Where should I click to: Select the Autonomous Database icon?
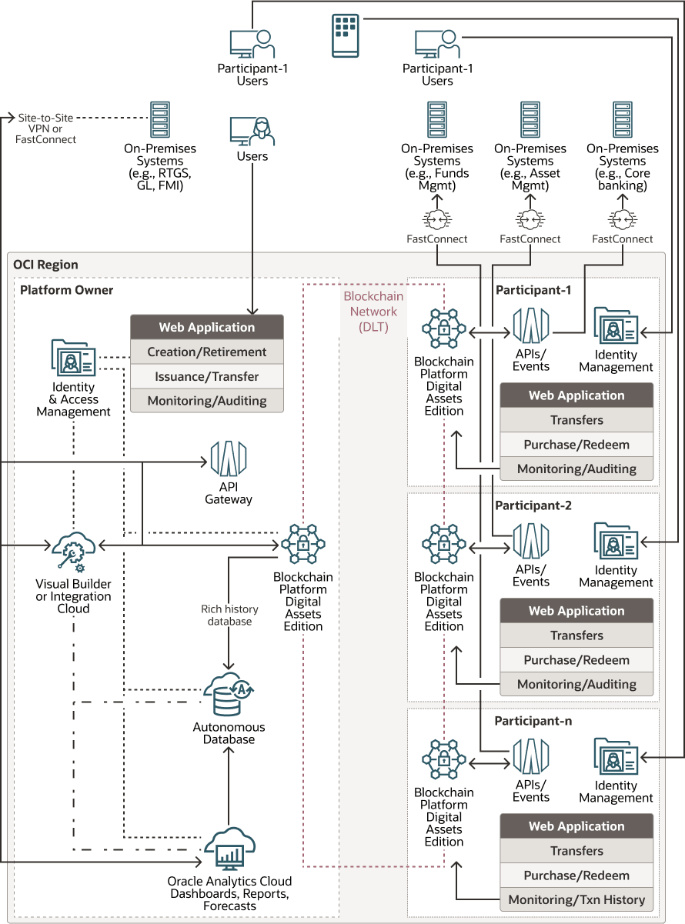tap(229, 694)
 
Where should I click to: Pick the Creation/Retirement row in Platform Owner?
tap(207, 352)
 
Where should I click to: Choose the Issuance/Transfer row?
tap(207, 376)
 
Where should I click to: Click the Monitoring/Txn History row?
tap(576, 899)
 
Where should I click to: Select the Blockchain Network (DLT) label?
tap(373, 312)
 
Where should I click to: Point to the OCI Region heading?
tap(46, 265)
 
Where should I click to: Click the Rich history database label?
tap(229, 615)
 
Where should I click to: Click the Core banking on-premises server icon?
tap(623, 120)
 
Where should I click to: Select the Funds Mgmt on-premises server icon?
tap(437, 120)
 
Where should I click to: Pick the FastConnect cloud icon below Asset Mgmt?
tap(530, 220)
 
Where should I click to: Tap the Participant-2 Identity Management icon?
tap(615, 542)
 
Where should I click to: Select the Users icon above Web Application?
tap(252, 131)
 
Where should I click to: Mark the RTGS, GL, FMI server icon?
tap(160, 120)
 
